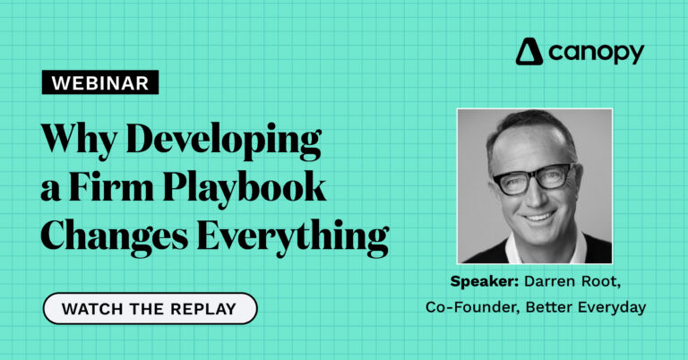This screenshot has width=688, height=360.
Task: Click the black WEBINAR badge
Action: pos(100,82)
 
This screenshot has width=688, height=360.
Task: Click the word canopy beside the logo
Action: pos(596,53)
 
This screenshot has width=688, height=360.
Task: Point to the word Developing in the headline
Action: pos(224,140)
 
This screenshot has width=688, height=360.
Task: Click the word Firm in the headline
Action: pos(111,186)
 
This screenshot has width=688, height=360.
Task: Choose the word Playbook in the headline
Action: pos(244,188)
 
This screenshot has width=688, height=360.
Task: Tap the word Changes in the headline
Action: pos(114,236)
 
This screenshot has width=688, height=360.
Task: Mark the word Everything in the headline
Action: pos(293,236)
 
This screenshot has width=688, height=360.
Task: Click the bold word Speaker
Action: pos(485,281)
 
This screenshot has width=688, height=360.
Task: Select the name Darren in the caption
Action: pos(550,281)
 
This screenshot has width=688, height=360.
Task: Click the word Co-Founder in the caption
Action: pos(473,307)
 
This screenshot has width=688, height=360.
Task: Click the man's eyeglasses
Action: pos(535,177)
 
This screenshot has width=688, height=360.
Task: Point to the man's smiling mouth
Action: pos(539,216)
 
